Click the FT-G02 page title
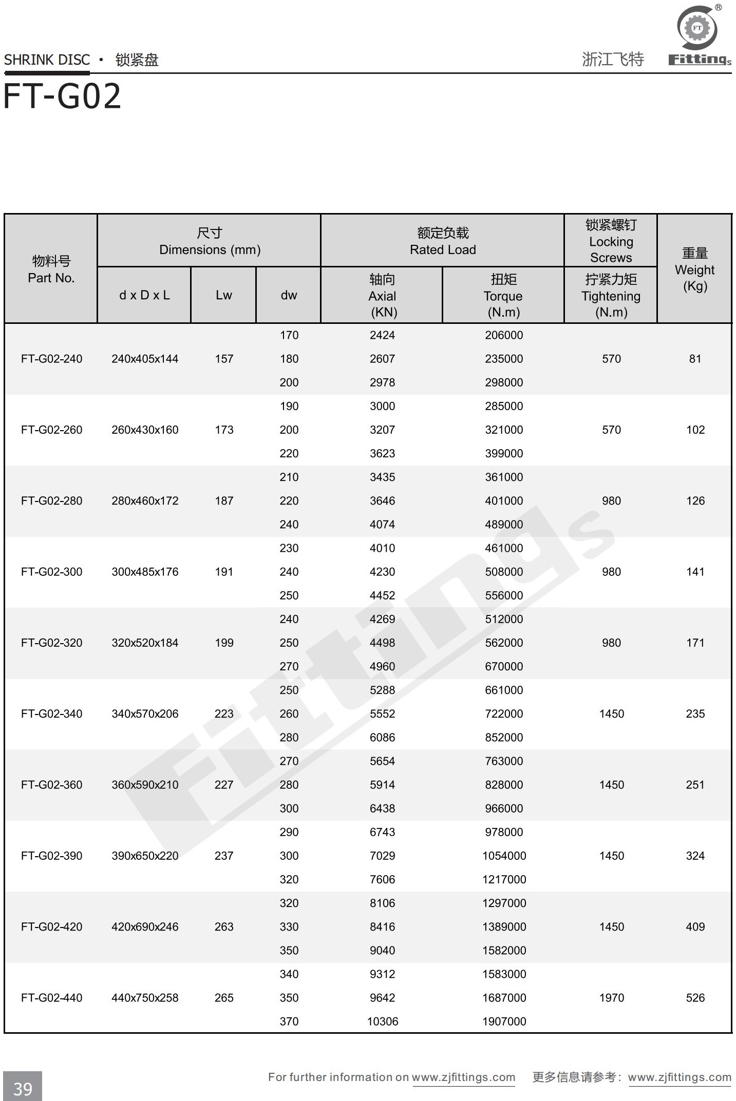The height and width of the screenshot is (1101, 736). [x=62, y=96]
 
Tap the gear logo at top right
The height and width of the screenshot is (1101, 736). [x=697, y=28]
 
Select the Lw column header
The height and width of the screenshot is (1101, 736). [x=223, y=295]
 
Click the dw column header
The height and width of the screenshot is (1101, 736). [x=289, y=295]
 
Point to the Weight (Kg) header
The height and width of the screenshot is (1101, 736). [x=694, y=269]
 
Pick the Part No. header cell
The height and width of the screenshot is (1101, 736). [x=51, y=269]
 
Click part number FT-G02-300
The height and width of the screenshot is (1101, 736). [x=51, y=572]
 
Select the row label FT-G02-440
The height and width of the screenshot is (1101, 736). [x=51, y=998]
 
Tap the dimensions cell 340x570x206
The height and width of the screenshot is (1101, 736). [x=145, y=713]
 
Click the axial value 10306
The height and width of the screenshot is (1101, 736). [x=383, y=1021]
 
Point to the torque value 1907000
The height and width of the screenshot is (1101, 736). [x=504, y=1021]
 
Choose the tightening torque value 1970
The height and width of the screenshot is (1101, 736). [x=611, y=998]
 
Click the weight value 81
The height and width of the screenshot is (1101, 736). [x=695, y=359]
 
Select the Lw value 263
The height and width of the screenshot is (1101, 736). [x=224, y=926]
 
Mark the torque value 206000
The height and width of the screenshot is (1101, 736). [x=504, y=335]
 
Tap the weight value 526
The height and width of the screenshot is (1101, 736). [x=695, y=998]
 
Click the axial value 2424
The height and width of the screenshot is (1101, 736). [x=383, y=335]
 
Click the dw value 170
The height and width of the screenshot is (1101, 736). [x=289, y=335]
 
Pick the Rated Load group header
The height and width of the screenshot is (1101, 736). [x=443, y=241]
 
